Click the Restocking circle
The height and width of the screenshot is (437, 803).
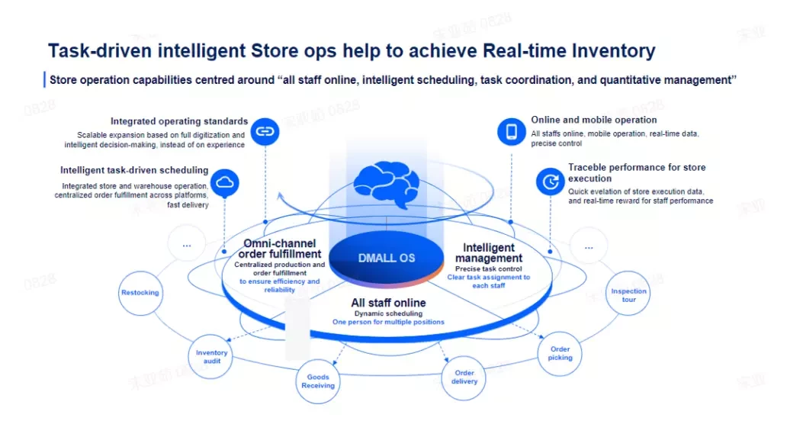pos(140,293)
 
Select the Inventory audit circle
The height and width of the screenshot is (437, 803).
pos(211,357)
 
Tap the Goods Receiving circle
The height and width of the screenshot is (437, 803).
pos(317,381)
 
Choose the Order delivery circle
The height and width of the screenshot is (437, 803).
pos(464,378)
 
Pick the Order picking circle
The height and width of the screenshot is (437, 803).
pos(560,354)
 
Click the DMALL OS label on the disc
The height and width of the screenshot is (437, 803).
pos(387,259)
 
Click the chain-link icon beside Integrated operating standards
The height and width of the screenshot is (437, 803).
pos(265,131)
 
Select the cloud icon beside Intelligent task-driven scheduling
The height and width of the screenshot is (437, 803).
pos(225,182)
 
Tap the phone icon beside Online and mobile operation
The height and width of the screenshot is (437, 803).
pos(511,132)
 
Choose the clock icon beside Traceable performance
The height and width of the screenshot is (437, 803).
pos(550,182)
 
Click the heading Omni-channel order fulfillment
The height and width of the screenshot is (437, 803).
pos(280,249)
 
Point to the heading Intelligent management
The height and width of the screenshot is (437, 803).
pos(489,253)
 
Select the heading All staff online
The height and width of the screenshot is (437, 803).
pos(388,303)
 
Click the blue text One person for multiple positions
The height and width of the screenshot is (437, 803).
pos(388,323)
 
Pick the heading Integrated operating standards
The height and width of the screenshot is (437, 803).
pos(179,121)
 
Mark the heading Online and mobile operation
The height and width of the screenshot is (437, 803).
pos(593,120)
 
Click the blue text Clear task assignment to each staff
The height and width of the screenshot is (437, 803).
pos(489,281)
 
